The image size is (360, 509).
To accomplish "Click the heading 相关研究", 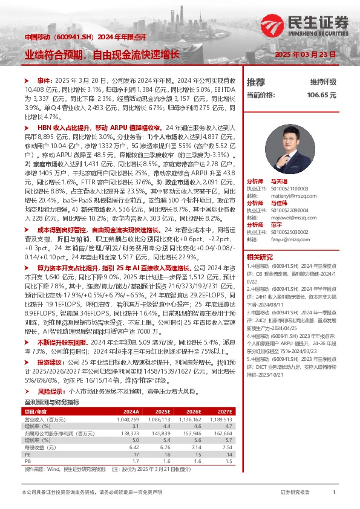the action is tap(258, 257).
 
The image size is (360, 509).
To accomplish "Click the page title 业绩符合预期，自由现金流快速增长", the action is tap(102, 54).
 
